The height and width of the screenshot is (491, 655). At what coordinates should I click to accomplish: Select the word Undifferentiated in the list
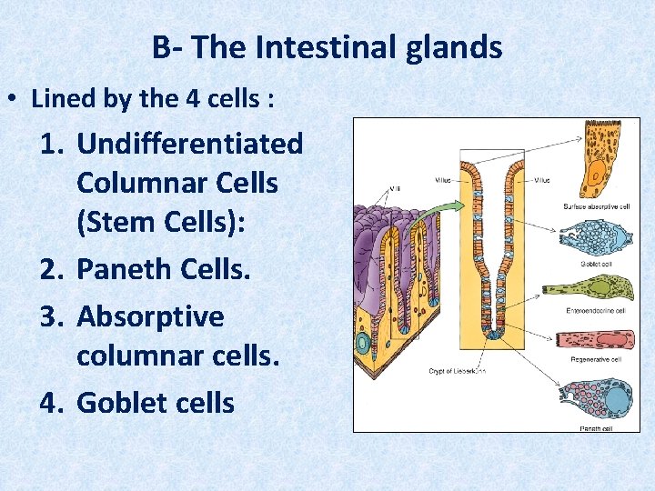tap(190, 143)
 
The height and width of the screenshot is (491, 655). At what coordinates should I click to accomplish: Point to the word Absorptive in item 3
tap(150, 316)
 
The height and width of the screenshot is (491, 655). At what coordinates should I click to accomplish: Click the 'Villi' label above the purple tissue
tap(394, 189)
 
